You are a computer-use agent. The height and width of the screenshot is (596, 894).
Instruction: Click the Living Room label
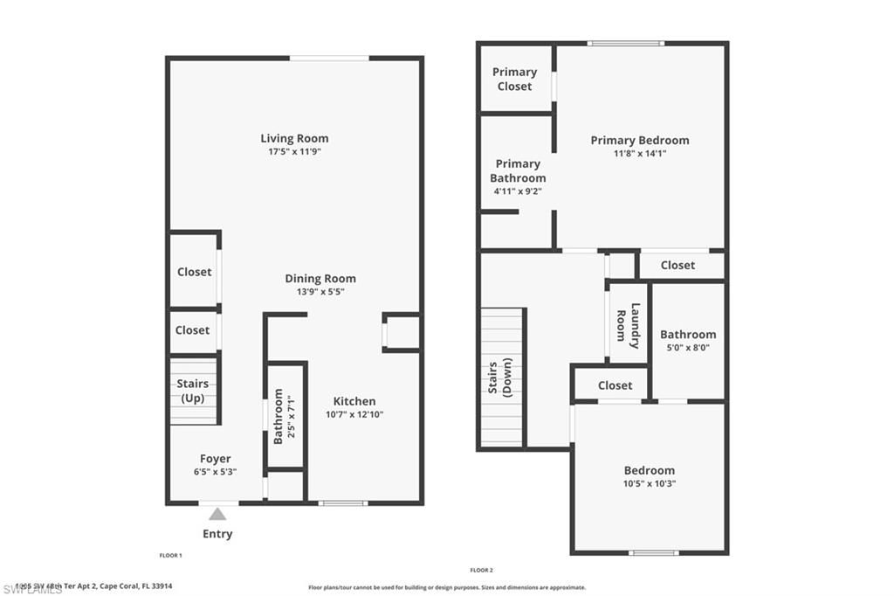coord(294,138)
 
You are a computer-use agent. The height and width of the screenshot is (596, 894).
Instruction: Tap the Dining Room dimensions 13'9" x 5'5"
coord(320,292)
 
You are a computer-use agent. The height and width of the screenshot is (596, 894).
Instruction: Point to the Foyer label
coord(216,459)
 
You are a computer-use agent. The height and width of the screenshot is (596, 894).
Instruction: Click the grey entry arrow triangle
coord(217,514)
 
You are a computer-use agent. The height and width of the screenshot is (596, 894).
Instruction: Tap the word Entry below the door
coord(217,534)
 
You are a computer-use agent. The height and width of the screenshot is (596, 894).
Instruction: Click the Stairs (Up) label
coord(194,391)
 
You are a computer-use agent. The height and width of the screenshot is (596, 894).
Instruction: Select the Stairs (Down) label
coord(499,377)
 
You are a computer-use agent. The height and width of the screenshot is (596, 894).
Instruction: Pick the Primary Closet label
coord(514,79)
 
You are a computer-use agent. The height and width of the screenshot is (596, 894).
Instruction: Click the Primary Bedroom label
coord(639,140)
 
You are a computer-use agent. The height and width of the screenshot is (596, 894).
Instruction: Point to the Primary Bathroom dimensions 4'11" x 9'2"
coord(518,191)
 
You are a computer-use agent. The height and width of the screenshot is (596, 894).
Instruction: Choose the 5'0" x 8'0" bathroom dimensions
coord(688,347)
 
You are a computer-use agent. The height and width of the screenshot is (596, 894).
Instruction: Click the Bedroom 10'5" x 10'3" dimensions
coord(649,483)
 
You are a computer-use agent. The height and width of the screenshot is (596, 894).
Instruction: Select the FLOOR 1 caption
coord(170,556)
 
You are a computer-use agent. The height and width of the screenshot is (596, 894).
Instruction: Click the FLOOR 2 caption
coord(482,570)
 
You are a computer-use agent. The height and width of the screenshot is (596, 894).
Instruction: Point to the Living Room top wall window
coord(329,59)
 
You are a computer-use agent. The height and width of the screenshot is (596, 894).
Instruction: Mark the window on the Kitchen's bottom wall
coord(342,502)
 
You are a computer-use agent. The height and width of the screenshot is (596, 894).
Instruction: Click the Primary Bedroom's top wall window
coord(625,43)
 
